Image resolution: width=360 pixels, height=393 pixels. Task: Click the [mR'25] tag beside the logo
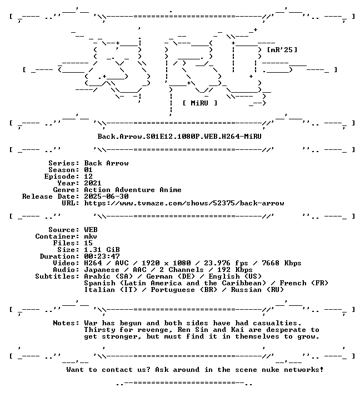coord(282,49)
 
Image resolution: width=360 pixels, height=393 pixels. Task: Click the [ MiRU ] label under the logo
coord(200,103)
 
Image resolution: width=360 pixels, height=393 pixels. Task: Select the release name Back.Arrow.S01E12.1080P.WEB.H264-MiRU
coord(179,137)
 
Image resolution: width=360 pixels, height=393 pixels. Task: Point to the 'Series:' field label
coord(64,163)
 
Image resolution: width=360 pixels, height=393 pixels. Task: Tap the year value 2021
coord(93,183)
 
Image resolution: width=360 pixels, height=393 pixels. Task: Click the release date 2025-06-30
coord(106,196)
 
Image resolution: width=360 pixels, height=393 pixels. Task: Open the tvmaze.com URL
coord(184,203)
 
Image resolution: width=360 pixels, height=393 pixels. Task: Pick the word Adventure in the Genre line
coord(135,190)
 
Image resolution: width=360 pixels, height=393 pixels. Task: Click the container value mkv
coord(91,236)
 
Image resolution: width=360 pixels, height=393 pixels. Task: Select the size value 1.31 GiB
coord(102,250)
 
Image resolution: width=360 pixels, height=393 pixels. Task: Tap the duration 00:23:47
coord(102,256)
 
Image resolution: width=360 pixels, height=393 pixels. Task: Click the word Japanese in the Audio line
coord(102,270)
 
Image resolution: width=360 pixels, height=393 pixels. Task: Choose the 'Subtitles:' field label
coord(57,276)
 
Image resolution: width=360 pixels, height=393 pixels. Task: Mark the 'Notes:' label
coord(66,323)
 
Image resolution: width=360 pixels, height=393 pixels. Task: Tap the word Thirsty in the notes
coord(99,330)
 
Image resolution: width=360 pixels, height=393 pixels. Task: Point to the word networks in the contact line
coord(303,370)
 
